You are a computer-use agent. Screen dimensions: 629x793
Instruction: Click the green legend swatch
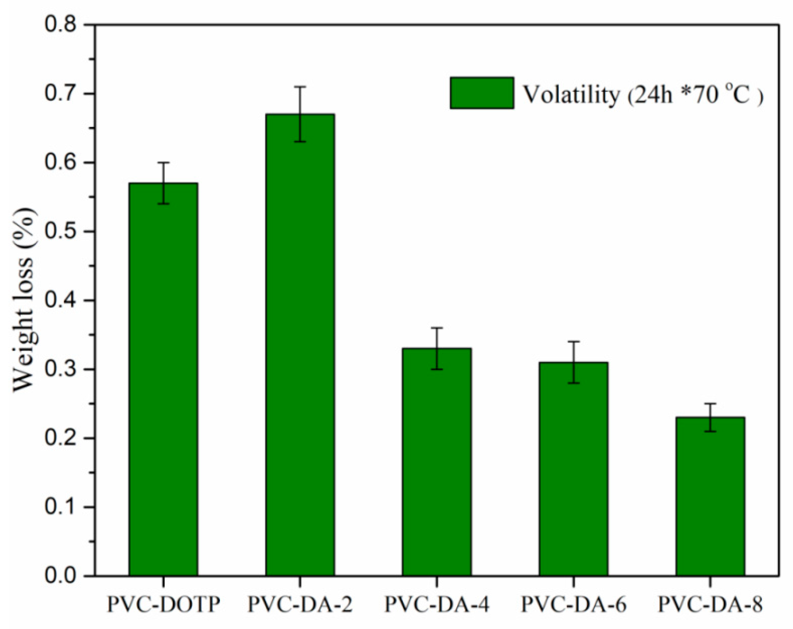click(x=482, y=93)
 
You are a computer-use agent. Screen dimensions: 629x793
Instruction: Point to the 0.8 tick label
click(x=60, y=24)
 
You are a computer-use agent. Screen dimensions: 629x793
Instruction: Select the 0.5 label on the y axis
click(x=60, y=231)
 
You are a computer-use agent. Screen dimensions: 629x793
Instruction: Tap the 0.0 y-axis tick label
click(x=60, y=576)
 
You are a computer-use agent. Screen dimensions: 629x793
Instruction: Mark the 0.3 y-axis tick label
click(x=60, y=369)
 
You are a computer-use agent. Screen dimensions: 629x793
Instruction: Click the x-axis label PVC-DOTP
click(x=163, y=605)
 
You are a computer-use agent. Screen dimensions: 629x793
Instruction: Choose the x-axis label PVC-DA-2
click(x=300, y=605)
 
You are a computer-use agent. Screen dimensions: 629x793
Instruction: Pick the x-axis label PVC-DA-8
click(x=710, y=605)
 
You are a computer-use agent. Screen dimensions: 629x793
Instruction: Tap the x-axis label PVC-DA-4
click(x=437, y=605)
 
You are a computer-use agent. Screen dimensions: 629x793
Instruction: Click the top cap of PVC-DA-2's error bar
click(x=300, y=87)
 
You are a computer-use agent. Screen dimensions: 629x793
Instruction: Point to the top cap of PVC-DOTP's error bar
click(x=163, y=163)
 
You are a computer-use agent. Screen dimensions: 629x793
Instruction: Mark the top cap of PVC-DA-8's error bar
click(x=710, y=404)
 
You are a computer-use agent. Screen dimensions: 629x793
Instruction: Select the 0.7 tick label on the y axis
click(x=60, y=93)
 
